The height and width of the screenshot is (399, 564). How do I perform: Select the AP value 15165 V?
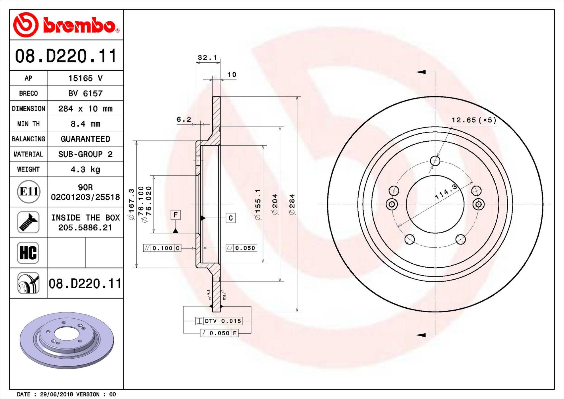[85, 78]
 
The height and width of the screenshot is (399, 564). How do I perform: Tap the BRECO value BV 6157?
[85, 93]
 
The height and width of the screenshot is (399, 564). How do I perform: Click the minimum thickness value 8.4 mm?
[85, 124]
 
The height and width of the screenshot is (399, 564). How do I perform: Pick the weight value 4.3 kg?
[85, 169]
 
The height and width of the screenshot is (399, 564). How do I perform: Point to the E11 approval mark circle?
[28, 192]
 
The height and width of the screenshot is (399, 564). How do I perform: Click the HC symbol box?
[28, 253]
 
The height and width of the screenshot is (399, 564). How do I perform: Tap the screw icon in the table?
[28, 222]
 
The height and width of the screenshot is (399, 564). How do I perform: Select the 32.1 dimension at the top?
[207, 58]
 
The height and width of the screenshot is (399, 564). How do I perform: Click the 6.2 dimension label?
[184, 119]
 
